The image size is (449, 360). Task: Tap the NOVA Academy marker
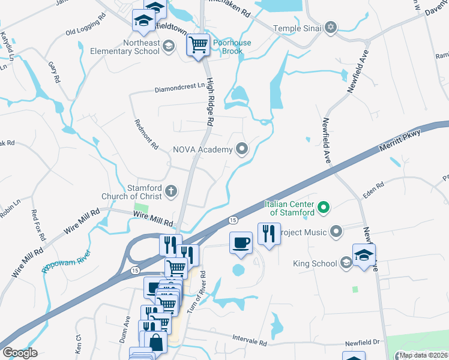243,149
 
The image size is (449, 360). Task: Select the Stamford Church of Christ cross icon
171,191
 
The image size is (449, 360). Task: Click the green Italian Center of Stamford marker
324,208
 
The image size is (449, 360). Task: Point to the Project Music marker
337,232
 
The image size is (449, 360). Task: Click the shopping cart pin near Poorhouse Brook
198,44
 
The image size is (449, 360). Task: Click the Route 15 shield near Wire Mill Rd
233,221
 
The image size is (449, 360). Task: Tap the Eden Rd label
373,191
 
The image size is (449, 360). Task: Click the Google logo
20,353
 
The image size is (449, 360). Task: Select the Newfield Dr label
363,343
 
